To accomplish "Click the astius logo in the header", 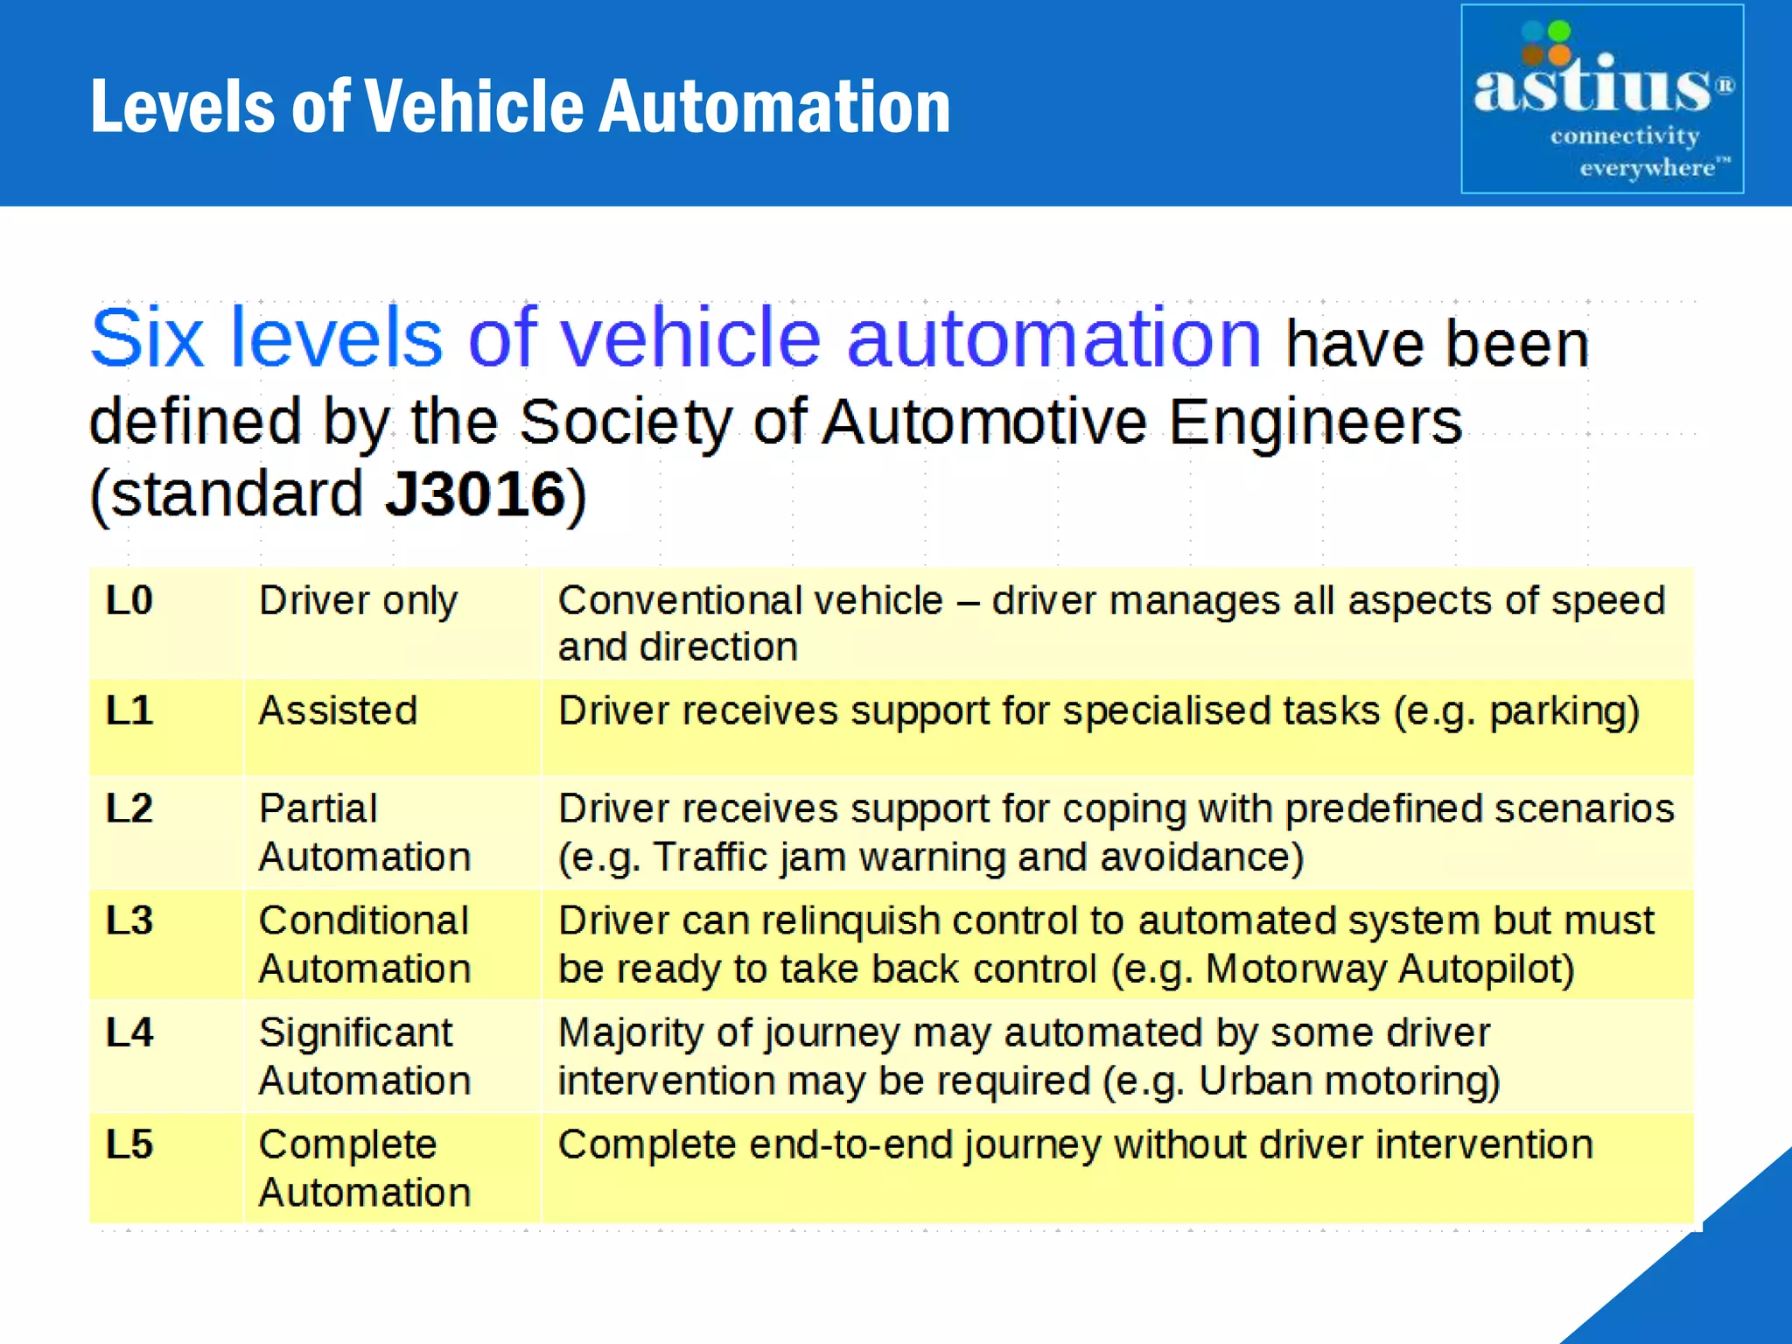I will pyautogui.click(x=1601, y=99).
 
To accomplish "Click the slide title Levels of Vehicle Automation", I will pyautogui.click(x=521, y=106).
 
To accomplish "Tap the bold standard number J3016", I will pyautogui.click(x=476, y=494).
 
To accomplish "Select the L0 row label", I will pyautogui.click(x=129, y=601).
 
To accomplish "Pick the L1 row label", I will pyautogui.click(x=129, y=710).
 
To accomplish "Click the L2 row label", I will pyautogui.click(x=129, y=808).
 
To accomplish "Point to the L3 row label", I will pyautogui.click(x=129, y=920).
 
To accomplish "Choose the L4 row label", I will pyautogui.click(x=129, y=1032).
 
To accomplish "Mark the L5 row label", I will pyautogui.click(x=129, y=1144).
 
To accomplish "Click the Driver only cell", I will pyautogui.click(x=358, y=601).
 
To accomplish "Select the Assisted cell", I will pyautogui.click(x=338, y=710).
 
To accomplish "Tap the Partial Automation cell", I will pyautogui.click(x=364, y=832).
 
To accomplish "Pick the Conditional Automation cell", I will pyautogui.click(x=364, y=944).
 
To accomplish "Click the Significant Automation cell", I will pyautogui.click(x=364, y=1056).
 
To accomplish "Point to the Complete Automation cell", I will pyautogui.click(x=364, y=1168).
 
